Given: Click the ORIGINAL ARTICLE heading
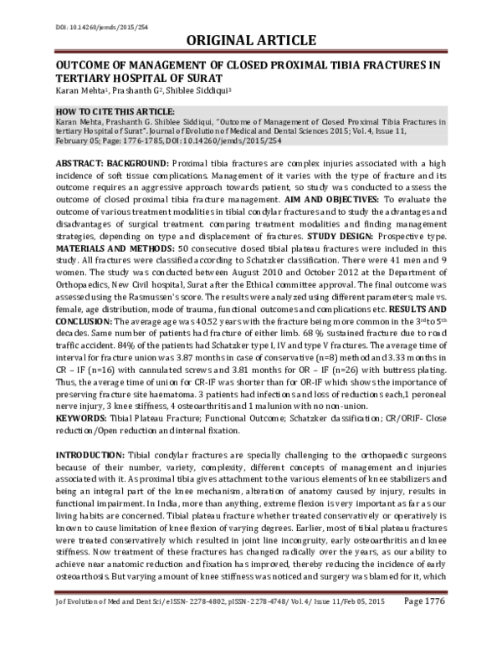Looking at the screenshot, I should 250,39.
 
